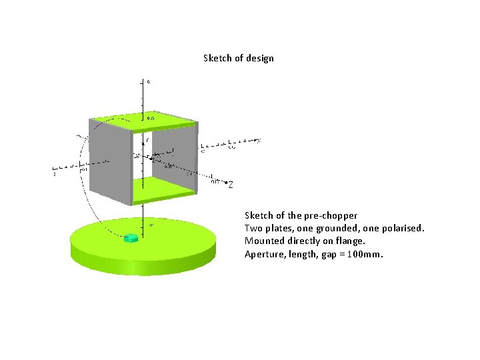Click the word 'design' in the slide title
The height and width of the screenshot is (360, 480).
pyautogui.click(x=259, y=58)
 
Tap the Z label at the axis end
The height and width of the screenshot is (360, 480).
pyautogui.click(x=231, y=186)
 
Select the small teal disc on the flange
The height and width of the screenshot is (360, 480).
pyautogui.click(x=131, y=237)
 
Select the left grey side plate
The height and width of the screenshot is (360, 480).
pyautogui.click(x=110, y=163)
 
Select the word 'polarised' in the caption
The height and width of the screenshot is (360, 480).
pyautogui.click(x=402, y=228)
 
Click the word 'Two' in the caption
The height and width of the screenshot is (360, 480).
pyautogui.click(x=253, y=228)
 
